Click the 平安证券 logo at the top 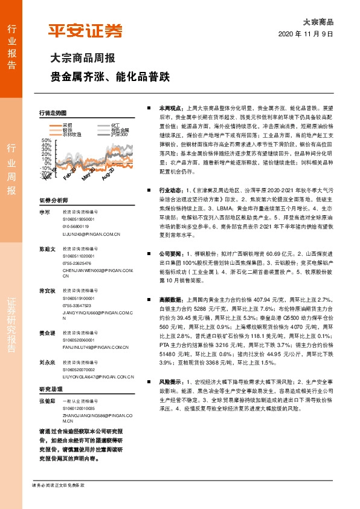(x=85, y=31)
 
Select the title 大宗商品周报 (x=82, y=60)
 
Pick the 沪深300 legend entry (x=119, y=134)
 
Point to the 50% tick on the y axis (x=47, y=140)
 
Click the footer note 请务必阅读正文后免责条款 (x=58, y=485)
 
